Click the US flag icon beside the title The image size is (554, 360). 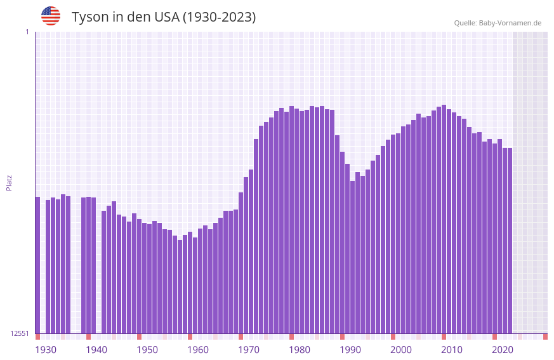51,16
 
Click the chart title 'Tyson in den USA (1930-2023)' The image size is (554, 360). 164,17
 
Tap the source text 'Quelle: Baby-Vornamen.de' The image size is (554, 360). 498,23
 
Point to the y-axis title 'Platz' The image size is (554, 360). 9,182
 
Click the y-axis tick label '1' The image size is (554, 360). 27,32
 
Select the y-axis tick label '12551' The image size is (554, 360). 20,333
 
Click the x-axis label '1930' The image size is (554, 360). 46,350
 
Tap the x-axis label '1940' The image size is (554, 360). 96,350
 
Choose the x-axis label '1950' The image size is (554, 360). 147,350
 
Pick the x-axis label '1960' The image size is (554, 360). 198,350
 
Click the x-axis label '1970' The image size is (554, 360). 249,350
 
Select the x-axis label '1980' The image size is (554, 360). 300,350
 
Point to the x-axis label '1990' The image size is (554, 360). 350,350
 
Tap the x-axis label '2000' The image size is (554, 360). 401,350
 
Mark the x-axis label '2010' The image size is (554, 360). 452,350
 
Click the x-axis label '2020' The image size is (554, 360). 503,350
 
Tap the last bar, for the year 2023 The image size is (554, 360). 510,241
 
